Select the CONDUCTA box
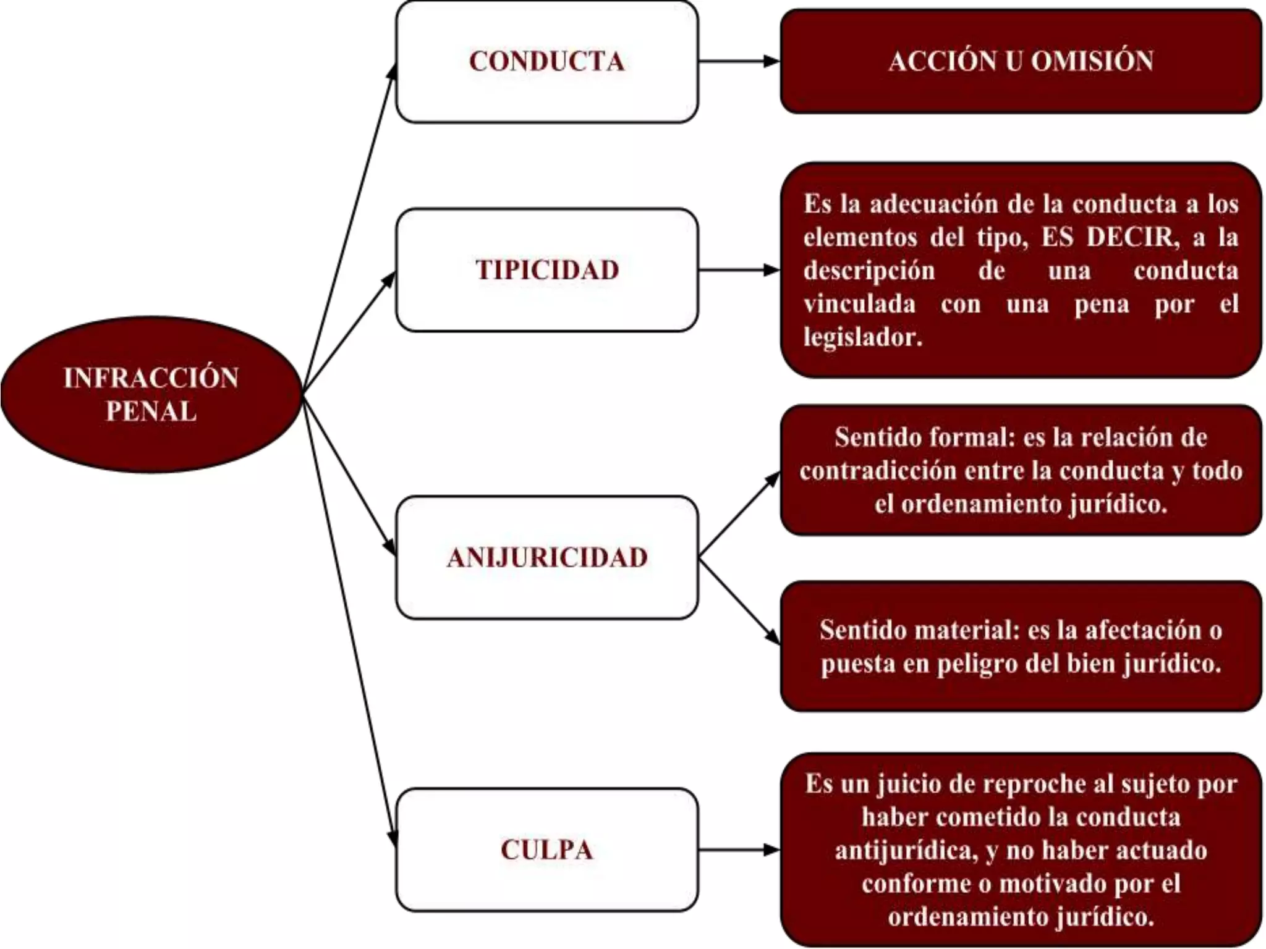546,62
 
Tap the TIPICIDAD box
546,270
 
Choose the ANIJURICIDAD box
546,557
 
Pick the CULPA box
546,850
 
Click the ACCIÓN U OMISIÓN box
1021,61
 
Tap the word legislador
862,337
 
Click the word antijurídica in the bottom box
906,850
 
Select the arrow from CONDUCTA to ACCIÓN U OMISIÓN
739,61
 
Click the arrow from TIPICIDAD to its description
739,270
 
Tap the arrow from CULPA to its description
739,850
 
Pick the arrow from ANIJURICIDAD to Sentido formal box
739,515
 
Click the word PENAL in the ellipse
151,411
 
